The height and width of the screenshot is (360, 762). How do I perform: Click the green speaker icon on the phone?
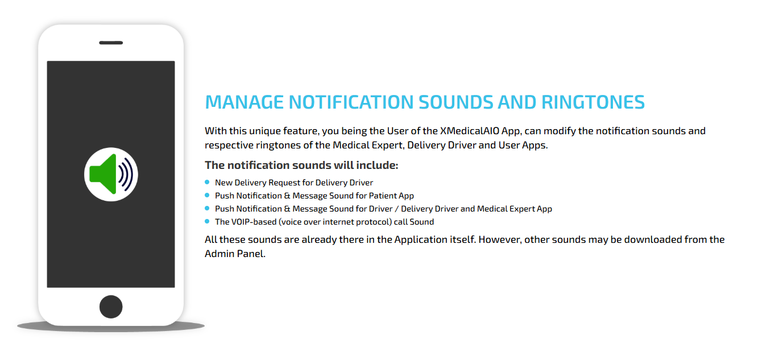(103, 174)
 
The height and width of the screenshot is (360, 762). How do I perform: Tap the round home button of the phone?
(111, 307)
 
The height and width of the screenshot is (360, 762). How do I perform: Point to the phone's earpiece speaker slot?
(111, 43)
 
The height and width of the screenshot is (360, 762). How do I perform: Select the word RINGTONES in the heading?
(593, 102)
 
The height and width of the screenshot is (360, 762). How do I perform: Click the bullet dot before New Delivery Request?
(207, 182)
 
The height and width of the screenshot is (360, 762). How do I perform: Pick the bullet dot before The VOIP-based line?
(207, 221)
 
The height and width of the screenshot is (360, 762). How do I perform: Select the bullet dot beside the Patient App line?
(207, 195)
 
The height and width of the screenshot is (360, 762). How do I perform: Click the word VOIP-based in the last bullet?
(254, 222)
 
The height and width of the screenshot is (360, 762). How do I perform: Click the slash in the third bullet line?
(397, 209)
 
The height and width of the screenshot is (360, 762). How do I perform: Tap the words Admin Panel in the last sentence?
(234, 254)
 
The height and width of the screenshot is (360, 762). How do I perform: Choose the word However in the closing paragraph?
(499, 239)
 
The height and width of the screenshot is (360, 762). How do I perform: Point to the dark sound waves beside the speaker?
(126, 174)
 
